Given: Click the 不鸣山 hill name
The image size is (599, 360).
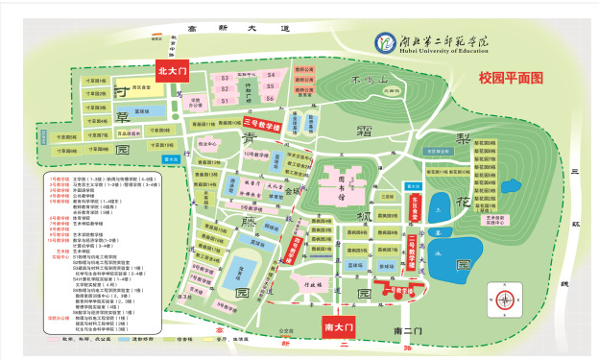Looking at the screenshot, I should pos(368,80).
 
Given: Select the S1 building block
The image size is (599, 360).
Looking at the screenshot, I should pos(224,99).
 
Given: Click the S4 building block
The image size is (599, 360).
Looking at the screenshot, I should pos(270,74).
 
